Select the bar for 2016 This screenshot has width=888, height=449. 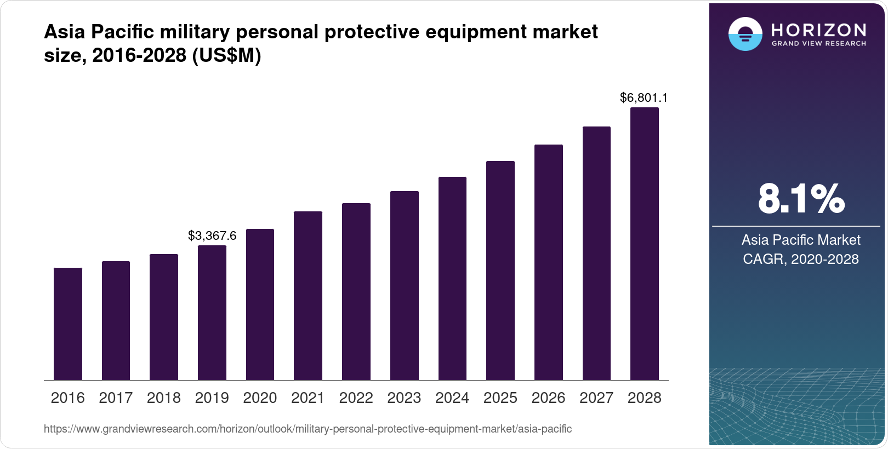[x=68, y=324]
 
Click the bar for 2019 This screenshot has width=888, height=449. [x=212, y=313]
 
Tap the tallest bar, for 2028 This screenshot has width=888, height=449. [x=645, y=244]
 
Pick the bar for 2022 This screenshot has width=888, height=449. [x=356, y=291]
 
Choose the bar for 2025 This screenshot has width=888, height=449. [x=500, y=270]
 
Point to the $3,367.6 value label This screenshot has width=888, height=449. [x=212, y=235]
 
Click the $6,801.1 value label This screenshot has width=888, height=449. [x=644, y=97]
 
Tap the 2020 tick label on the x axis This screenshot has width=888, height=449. [x=260, y=398]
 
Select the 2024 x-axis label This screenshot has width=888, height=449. [x=452, y=398]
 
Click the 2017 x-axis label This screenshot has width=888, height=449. [x=116, y=398]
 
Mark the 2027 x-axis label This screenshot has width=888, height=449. [x=596, y=398]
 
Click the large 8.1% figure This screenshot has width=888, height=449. [x=801, y=199]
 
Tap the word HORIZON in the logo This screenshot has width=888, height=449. [x=818, y=30]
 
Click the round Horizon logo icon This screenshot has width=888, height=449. [x=745, y=34]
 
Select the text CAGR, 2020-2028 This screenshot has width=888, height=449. [x=801, y=259]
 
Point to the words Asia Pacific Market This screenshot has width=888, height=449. [x=801, y=240]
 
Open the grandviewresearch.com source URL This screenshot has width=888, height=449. [x=308, y=429]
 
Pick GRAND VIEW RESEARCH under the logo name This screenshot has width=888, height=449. [x=818, y=43]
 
